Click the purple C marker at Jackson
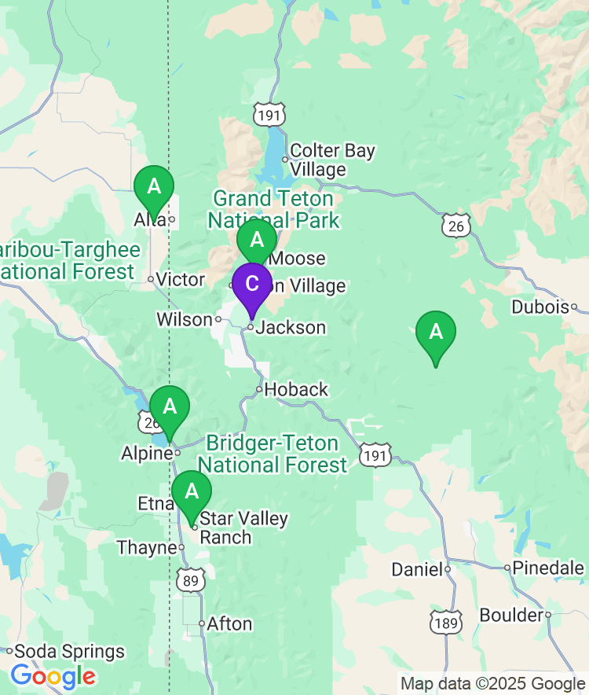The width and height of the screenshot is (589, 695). coord(251,285)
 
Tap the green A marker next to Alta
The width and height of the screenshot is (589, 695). coord(154,188)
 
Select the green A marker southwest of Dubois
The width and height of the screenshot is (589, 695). coord(435,333)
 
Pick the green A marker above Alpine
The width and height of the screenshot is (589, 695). coord(169,408)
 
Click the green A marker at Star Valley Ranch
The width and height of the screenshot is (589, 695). coord(192,492)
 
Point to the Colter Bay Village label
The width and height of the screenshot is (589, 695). coord(332,160)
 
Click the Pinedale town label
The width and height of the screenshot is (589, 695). coord(550,568)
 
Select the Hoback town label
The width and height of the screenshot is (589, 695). coord(296,389)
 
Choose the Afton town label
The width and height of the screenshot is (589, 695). coord(229,624)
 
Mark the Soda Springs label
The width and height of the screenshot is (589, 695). coord(70,652)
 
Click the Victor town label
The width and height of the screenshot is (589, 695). coord(180,279)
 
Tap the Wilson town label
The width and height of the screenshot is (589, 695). coord(185,319)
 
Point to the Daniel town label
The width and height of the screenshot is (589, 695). coord(416,570)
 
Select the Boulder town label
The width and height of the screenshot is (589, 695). coord(511,615)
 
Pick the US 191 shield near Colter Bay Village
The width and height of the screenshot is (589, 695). coord(268,114)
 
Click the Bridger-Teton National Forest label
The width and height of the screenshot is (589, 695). coord(273,454)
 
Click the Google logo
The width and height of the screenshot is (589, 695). coord(53,675)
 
